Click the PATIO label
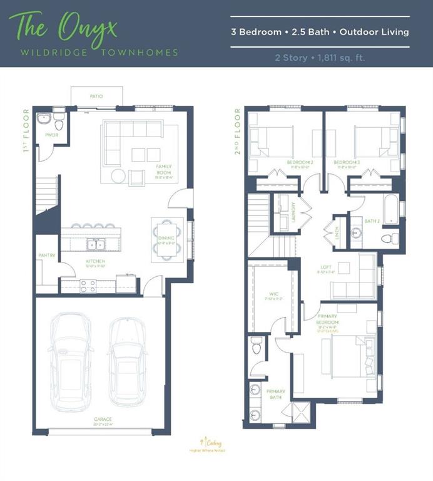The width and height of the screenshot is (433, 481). (96, 96)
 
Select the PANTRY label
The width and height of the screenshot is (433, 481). (47, 255)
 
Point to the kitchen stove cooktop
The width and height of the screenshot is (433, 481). (88, 286)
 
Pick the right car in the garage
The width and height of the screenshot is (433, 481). (128, 363)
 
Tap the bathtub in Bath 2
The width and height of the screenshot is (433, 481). (390, 210)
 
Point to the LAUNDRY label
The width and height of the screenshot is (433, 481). (293, 214)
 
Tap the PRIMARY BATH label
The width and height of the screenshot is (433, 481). (276, 394)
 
